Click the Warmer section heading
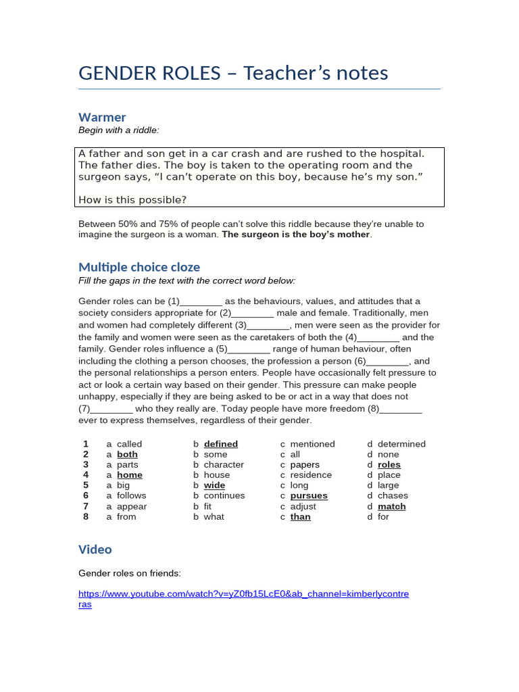102,117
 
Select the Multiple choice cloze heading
139,267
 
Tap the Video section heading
95,549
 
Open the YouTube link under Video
243,594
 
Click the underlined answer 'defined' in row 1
220,444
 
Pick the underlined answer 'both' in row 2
127,455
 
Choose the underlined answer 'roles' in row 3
389,465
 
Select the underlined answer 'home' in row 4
130,475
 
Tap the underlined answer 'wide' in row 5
214,485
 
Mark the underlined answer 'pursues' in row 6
309,496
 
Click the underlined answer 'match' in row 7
391,506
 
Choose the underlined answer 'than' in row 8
300,517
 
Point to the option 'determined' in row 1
401,444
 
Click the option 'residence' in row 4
311,475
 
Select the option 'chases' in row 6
393,496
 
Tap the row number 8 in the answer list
86,517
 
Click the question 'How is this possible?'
132,199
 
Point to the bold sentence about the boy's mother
296,234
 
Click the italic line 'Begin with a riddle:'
119,130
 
